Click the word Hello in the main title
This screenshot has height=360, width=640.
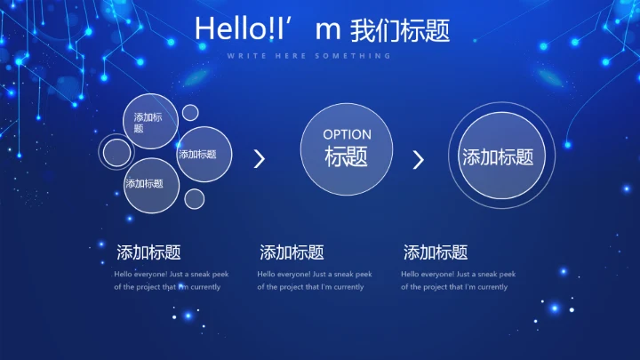(x=223, y=29)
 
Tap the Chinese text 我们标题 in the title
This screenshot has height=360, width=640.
(x=400, y=30)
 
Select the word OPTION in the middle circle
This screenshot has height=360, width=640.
(x=347, y=134)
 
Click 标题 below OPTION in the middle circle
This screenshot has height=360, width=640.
(x=347, y=157)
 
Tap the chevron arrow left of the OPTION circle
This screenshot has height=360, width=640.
(x=260, y=159)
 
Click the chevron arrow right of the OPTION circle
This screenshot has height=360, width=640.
(x=419, y=160)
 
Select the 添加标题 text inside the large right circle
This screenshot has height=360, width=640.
(x=498, y=157)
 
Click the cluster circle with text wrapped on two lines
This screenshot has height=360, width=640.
(x=149, y=122)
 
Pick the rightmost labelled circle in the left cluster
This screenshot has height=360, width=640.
(x=204, y=155)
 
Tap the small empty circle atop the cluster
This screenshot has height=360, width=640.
(x=190, y=113)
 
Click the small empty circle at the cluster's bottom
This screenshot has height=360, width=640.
(x=194, y=198)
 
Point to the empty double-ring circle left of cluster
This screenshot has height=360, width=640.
(x=116, y=153)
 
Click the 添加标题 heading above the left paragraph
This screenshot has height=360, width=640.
(x=148, y=252)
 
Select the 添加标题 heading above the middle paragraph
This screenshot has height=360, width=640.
(x=292, y=252)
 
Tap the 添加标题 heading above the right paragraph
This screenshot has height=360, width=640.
(x=436, y=252)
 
